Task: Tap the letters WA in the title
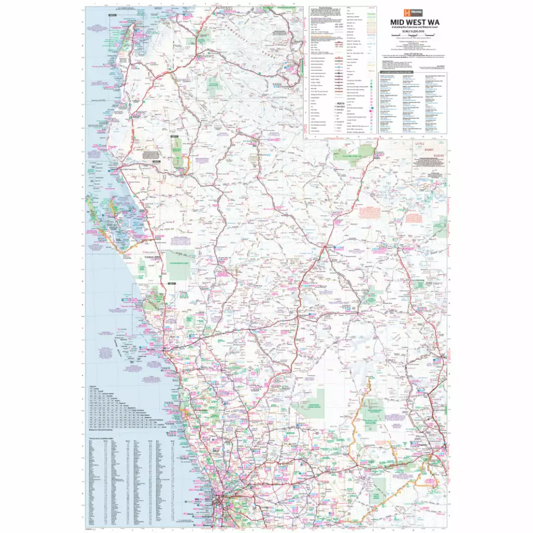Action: tap(427, 22)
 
